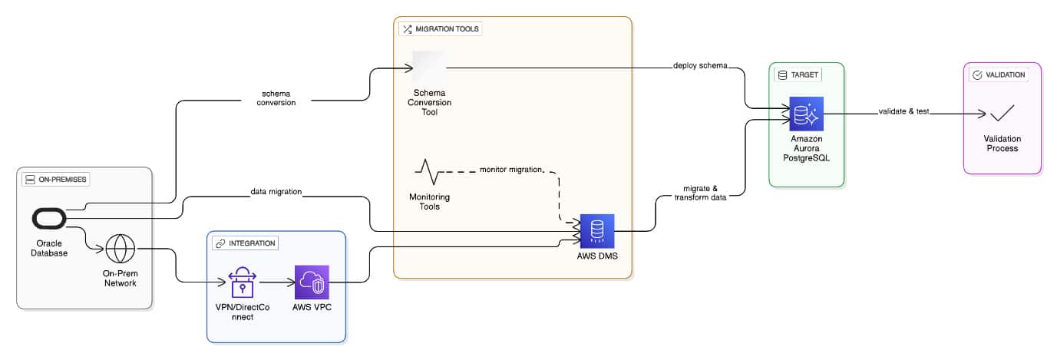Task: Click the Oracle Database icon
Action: point(49,219)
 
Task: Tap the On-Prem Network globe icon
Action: point(120,249)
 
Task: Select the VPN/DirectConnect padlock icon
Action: point(241,282)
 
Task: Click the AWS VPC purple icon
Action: point(312,282)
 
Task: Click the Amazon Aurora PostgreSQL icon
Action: point(806,114)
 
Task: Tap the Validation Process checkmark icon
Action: point(1002,114)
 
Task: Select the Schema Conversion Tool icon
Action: point(429,68)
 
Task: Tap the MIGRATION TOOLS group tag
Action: point(441,29)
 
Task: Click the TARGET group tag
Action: point(799,74)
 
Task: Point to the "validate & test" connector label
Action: point(903,111)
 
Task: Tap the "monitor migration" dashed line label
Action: point(510,169)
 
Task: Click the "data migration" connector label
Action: point(275,191)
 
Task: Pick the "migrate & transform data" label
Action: point(695,193)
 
